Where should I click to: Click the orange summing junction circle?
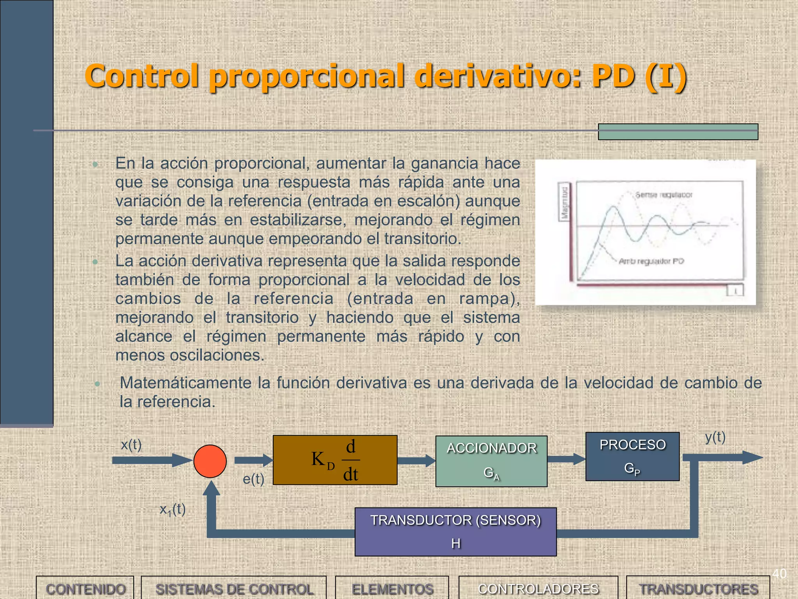[210, 461]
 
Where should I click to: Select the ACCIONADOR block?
[491, 461]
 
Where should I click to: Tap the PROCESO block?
[632, 456]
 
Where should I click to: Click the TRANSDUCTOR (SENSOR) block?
[455, 532]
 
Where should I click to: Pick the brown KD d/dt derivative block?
[335, 460]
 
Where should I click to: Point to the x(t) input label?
[131, 445]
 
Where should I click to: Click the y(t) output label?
[715, 437]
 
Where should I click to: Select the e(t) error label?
[253, 479]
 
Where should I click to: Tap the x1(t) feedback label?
[173, 509]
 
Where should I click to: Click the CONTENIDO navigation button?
[85, 589]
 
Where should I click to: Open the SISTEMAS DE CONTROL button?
[234, 589]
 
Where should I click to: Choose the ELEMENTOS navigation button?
[392, 589]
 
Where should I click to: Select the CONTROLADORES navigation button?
[538, 589]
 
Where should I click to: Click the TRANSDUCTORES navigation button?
[698, 589]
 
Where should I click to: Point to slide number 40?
[779, 574]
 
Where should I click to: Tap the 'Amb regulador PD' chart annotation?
[651, 261]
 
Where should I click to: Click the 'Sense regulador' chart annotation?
[664, 195]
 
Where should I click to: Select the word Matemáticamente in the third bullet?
[185, 383]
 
